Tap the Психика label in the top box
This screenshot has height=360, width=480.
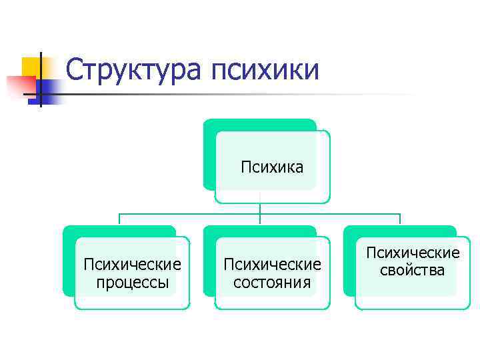(x=272, y=167)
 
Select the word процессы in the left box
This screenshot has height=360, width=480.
(x=132, y=282)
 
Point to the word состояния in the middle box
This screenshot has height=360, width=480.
(x=272, y=282)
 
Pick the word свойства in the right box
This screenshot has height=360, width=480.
(x=412, y=270)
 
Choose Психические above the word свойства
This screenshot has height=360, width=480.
(x=412, y=253)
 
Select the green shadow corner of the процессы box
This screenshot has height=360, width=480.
(x=69, y=232)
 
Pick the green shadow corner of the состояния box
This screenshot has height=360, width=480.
(x=209, y=232)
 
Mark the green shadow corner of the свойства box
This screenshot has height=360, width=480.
(x=349, y=232)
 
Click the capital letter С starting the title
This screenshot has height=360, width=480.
(x=76, y=70)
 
